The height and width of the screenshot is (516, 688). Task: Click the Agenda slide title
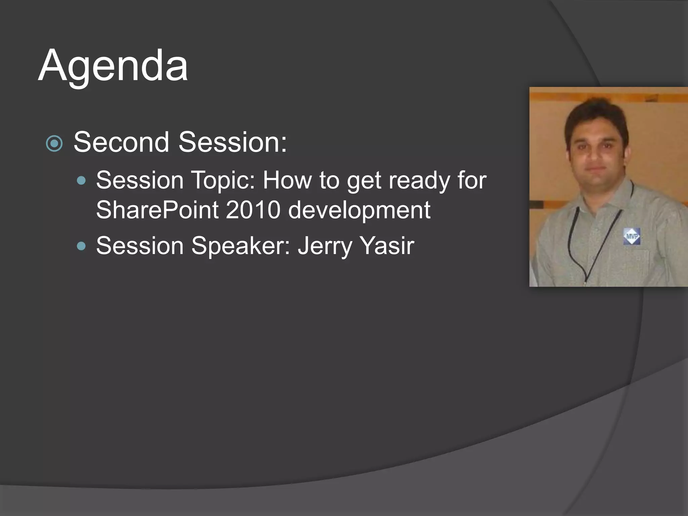click(113, 66)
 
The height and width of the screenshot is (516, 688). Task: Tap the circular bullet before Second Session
click(54, 143)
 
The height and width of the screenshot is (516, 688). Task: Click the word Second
click(121, 142)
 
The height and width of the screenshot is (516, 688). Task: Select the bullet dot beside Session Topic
click(81, 181)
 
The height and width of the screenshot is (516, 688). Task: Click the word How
click(287, 180)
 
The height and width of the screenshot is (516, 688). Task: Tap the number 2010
click(253, 210)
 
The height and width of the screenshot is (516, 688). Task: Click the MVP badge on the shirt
click(632, 236)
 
